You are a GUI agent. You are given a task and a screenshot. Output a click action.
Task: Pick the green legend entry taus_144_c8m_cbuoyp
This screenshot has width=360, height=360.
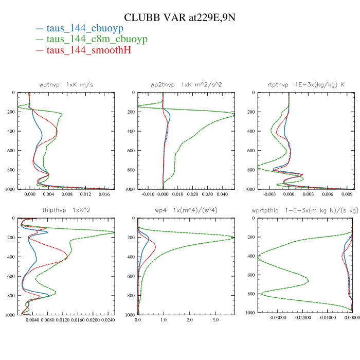point(97,39)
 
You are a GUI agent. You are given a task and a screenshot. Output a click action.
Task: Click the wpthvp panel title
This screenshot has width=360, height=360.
point(66,84)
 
